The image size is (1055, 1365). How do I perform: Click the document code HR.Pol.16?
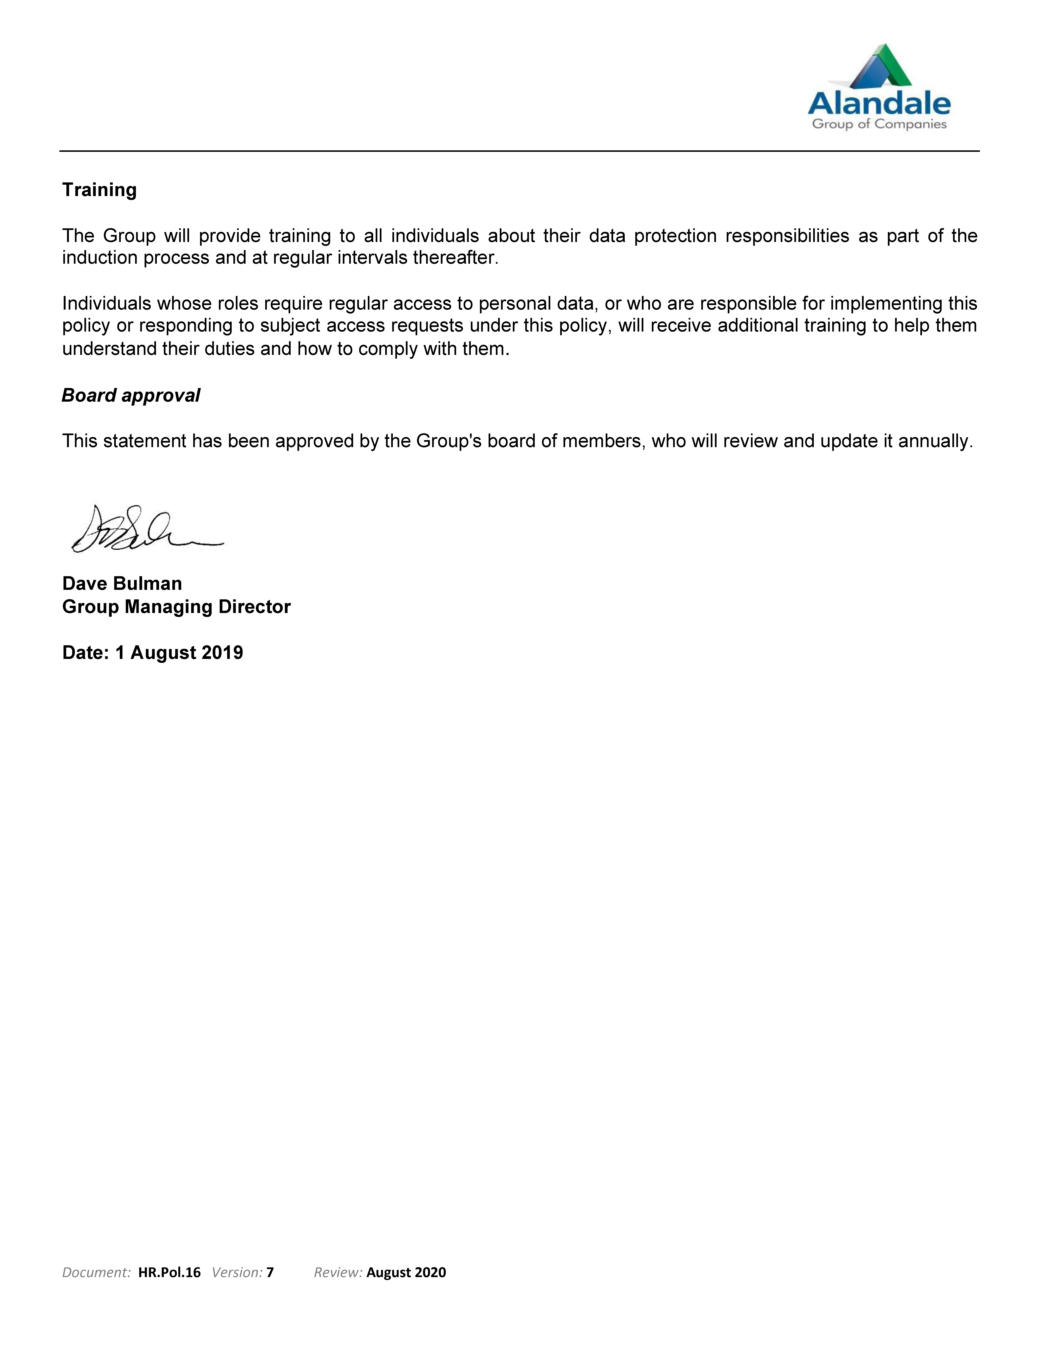(x=169, y=1273)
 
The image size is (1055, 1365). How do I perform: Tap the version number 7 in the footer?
(x=270, y=1273)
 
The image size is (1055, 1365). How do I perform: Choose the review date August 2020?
(x=406, y=1273)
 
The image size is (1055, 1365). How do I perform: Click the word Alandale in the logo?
(x=879, y=103)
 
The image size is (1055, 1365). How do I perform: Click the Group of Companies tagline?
(x=879, y=124)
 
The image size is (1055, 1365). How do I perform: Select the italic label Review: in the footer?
(x=338, y=1273)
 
